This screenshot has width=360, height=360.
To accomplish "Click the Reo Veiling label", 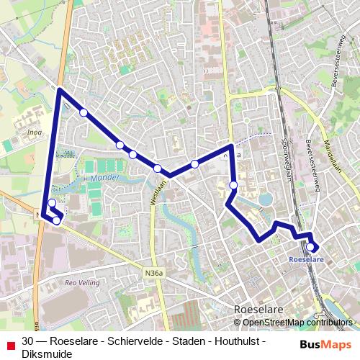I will click(x=80, y=283).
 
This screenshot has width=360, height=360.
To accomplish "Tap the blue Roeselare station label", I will click(x=306, y=258).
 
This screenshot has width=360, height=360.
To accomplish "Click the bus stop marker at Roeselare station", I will click(x=310, y=247).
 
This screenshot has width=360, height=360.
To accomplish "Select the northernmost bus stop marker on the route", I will click(x=84, y=112).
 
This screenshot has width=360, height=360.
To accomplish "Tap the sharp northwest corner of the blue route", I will click(x=59, y=90).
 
